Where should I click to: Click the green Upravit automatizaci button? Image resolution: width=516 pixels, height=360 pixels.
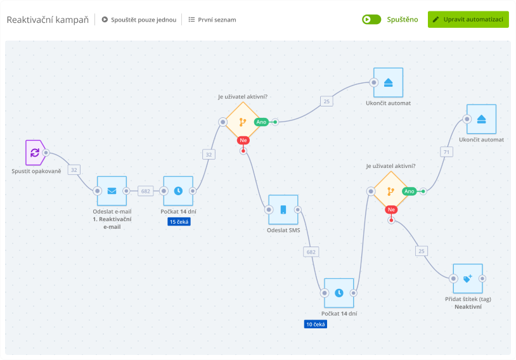468,19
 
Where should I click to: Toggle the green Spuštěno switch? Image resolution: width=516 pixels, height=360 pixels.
371,20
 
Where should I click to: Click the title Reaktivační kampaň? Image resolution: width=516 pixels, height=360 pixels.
48,20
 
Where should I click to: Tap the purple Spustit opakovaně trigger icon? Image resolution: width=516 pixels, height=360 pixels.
34,153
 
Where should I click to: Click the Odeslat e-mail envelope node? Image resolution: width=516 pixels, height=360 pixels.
112,191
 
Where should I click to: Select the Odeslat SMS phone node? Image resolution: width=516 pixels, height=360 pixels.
283,210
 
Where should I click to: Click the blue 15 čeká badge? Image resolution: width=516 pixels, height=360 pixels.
179,222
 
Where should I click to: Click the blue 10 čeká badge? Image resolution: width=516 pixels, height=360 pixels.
315,324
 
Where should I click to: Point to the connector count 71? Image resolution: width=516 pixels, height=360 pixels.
447,151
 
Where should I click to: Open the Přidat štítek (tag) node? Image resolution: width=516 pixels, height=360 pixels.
467,278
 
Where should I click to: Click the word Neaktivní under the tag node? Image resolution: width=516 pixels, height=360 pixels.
468,306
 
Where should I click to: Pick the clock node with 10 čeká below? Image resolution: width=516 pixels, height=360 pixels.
339,293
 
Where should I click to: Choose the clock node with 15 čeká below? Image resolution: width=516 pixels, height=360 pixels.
178,191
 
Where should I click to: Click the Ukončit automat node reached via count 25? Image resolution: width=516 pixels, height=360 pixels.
388,82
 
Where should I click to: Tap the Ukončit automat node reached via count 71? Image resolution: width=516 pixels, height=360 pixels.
481,119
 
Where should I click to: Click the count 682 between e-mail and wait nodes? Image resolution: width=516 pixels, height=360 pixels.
145,191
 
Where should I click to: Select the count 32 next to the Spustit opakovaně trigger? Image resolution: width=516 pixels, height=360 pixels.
74,170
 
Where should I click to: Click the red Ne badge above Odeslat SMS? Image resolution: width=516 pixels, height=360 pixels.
243,140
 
